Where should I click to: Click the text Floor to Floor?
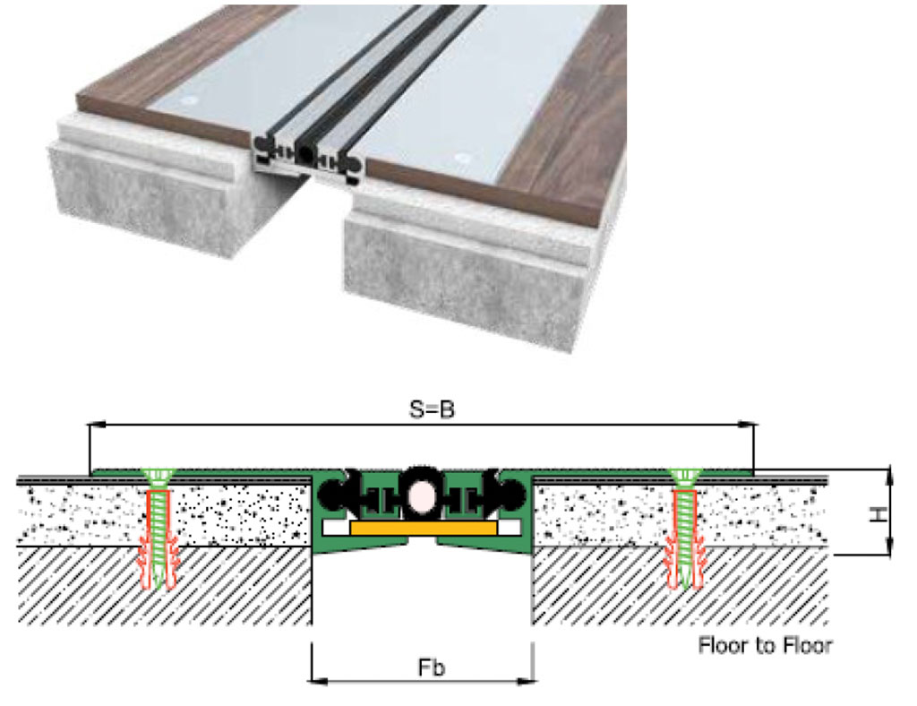tap(765, 644)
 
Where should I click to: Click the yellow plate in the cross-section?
tap(423, 529)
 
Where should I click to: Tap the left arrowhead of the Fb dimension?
tap(316, 681)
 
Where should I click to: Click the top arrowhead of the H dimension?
tap(891, 473)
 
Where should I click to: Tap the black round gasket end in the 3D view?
tap(307, 155)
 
